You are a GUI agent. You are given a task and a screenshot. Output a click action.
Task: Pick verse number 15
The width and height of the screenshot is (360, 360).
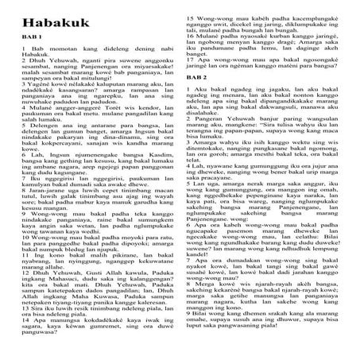(x=191, y=16)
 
